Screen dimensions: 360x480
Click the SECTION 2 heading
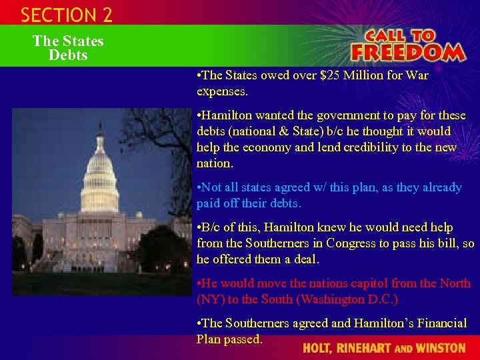pos(66,15)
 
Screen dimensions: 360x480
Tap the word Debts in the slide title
pos(68,55)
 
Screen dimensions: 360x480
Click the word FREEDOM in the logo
pos(407,52)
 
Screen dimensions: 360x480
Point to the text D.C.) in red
pos(379,299)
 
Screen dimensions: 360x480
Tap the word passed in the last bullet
pos(244,339)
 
